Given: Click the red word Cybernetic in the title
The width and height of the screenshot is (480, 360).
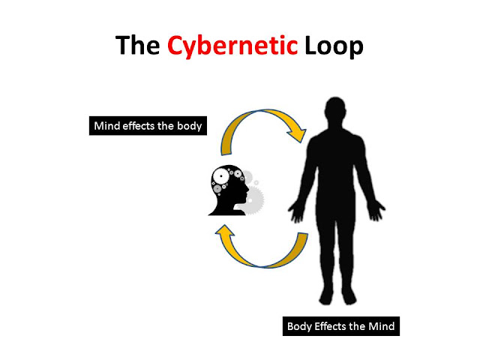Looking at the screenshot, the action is (232, 47).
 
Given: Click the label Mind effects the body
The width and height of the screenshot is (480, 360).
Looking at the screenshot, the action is (147, 126).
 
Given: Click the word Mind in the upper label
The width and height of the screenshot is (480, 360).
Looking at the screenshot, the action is (104, 126).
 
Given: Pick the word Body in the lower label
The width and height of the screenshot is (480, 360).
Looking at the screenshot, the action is (301, 327).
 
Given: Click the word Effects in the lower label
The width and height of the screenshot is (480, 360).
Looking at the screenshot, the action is (334, 327).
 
